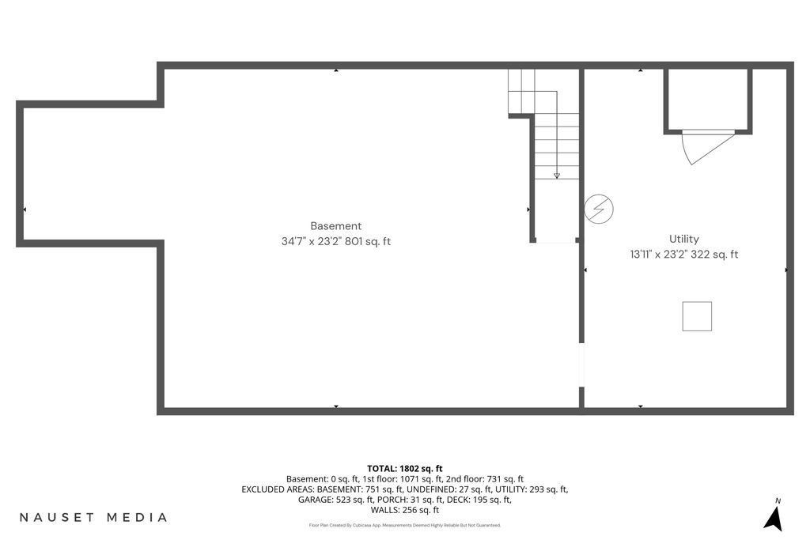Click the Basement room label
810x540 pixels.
(335, 225)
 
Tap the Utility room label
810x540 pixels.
(684, 239)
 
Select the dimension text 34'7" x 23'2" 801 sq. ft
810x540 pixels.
(335, 241)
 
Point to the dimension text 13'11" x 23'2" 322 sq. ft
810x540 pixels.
(684, 254)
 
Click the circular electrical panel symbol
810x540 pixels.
(599, 209)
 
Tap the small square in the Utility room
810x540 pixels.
(697, 316)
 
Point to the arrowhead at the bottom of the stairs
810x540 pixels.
(557, 176)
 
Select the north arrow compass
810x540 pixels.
(774, 515)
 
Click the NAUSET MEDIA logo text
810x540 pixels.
(93, 517)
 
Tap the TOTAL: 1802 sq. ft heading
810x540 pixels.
(405, 469)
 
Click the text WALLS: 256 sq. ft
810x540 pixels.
(405, 510)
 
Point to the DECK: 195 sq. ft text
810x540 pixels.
(479, 500)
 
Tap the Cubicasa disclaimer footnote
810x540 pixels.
(405, 526)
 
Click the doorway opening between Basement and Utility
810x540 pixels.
(581, 365)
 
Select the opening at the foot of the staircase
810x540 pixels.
(555, 240)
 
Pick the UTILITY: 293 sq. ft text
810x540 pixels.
(532, 489)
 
